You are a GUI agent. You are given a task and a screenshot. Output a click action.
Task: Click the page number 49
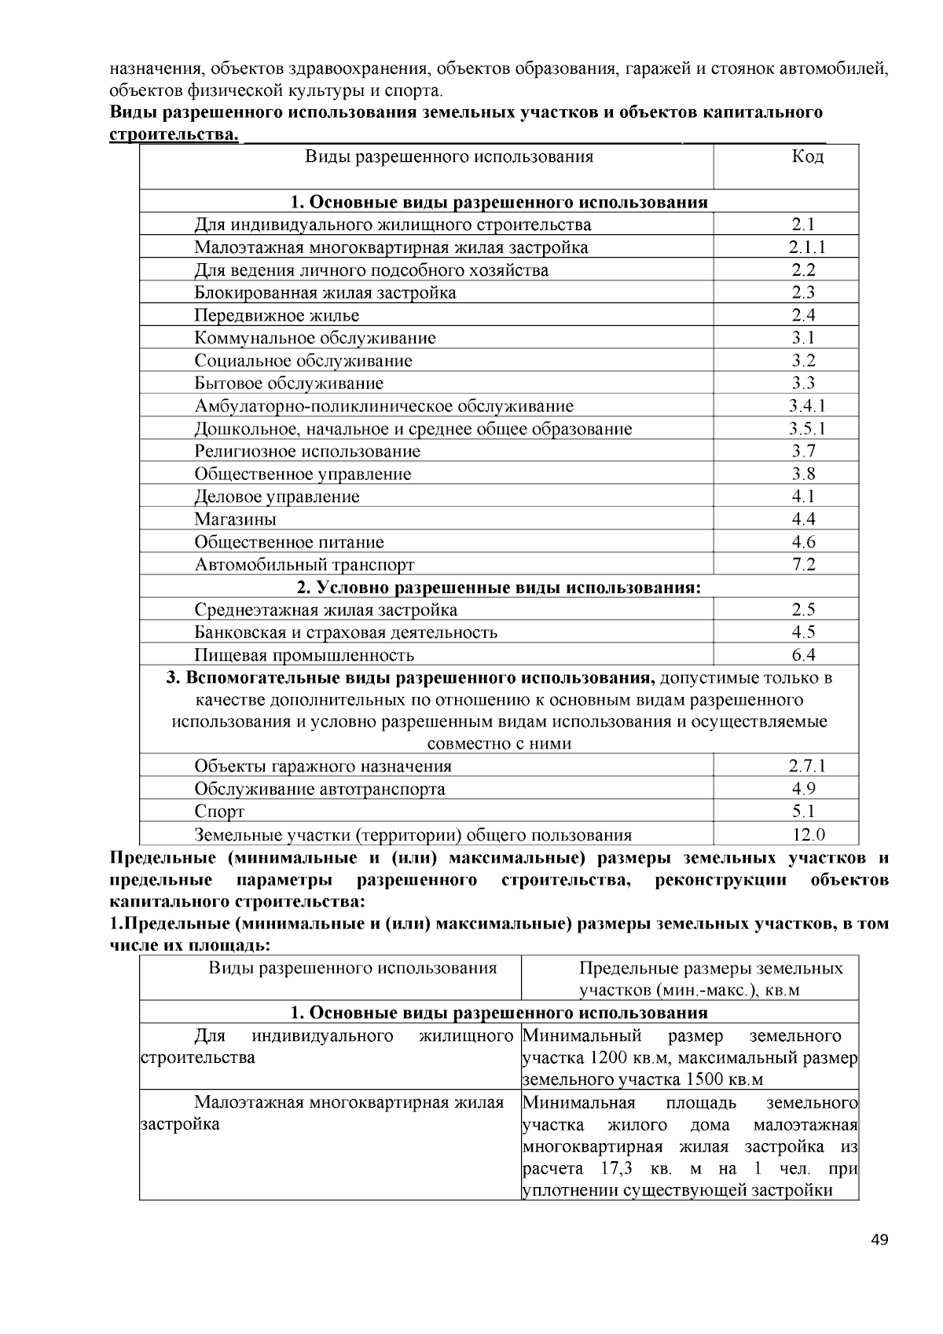(879, 1241)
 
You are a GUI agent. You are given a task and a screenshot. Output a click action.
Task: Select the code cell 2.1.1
(807, 247)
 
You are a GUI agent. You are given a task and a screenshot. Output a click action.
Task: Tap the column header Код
(807, 156)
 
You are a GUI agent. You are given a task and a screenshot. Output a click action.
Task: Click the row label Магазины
(236, 519)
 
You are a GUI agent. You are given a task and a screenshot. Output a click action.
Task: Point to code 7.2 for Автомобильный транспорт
(804, 564)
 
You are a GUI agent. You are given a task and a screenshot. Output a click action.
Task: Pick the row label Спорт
(219, 812)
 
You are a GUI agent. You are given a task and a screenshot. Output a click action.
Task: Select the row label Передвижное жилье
(277, 316)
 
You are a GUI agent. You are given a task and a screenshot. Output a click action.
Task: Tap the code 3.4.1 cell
(807, 406)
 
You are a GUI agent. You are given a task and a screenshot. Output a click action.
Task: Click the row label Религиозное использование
(307, 452)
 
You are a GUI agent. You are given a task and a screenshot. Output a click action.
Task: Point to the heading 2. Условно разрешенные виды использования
(498, 588)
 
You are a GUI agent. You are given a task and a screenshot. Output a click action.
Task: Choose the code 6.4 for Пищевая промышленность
(804, 655)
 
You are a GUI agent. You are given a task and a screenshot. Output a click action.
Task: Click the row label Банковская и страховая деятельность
(346, 632)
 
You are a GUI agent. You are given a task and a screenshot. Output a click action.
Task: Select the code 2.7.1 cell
(807, 766)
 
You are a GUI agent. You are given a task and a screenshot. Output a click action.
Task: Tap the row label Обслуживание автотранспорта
(320, 789)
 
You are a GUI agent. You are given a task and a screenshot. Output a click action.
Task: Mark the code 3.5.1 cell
(807, 429)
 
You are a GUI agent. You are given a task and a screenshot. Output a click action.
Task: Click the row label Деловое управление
(277, 497)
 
